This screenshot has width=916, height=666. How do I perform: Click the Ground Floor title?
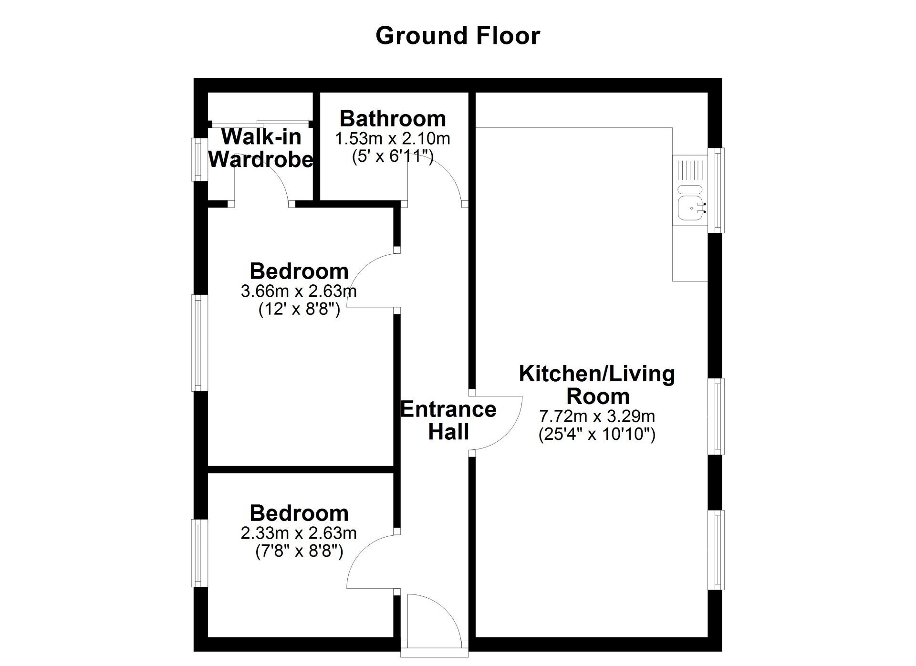point(458,36)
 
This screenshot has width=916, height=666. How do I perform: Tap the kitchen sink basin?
point(689,208)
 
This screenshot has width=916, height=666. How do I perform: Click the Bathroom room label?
point(393,118)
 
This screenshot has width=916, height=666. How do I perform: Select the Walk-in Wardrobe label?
point(261,148)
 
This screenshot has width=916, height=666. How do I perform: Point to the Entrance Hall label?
point(448,420)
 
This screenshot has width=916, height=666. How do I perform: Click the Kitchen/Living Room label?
point(597,385)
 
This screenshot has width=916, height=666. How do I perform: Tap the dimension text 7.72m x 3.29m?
point(597,416)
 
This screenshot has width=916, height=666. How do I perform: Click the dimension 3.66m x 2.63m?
point(299,291)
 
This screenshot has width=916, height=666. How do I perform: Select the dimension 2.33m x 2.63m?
point(299,533)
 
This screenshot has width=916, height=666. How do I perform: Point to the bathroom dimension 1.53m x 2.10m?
point(393,139)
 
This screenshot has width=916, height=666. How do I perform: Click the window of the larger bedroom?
point(199,343)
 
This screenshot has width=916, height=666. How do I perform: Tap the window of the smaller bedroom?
point(199,553)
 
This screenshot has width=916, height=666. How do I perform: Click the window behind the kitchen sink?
point(716,190)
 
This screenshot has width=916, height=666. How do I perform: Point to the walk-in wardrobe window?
point(199,159)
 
